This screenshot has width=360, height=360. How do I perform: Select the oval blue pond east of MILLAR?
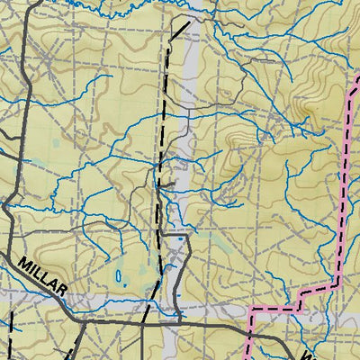coord(119,276)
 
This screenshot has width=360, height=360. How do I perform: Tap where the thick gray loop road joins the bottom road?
coord(182,317)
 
